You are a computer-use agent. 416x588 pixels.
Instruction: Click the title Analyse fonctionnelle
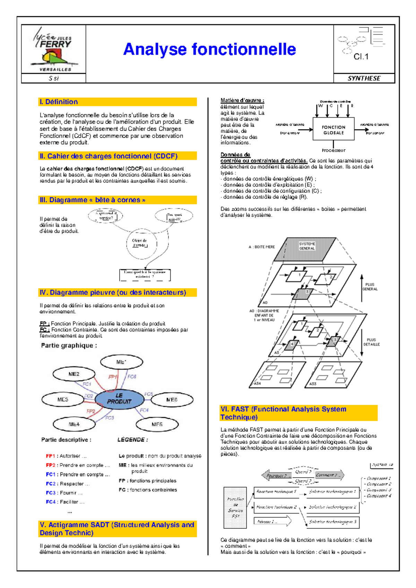(x=209, y=49)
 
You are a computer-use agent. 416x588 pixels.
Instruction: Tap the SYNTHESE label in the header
(x=364, y=78)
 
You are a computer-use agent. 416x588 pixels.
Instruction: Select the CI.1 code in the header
(x=361, y=56)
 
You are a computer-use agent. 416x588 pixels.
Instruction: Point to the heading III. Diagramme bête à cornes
(x=92, y=200)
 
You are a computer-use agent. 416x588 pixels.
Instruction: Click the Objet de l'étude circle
(x=141, y=243)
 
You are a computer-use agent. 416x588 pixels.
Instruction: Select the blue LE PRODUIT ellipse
(x=119, y=399)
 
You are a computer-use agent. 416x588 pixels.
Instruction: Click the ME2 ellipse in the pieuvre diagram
(x=74, y=374)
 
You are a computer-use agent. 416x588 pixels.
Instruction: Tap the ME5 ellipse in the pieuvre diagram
(x=157, y=424)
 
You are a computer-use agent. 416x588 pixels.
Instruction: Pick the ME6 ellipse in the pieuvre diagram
(x=172, y=400)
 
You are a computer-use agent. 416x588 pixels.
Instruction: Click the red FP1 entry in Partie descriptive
(x=51, y=456)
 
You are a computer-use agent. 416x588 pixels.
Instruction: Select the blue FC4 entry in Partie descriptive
(x=51, y=502)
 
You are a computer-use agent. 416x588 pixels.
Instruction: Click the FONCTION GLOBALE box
(x=333, y=130)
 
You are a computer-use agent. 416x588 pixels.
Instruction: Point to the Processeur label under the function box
(x=333, y=150)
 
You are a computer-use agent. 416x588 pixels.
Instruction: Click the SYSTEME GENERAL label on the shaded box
(x=307, y=246)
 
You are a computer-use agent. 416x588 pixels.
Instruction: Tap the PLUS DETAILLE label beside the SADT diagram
(x=371, y=342)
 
